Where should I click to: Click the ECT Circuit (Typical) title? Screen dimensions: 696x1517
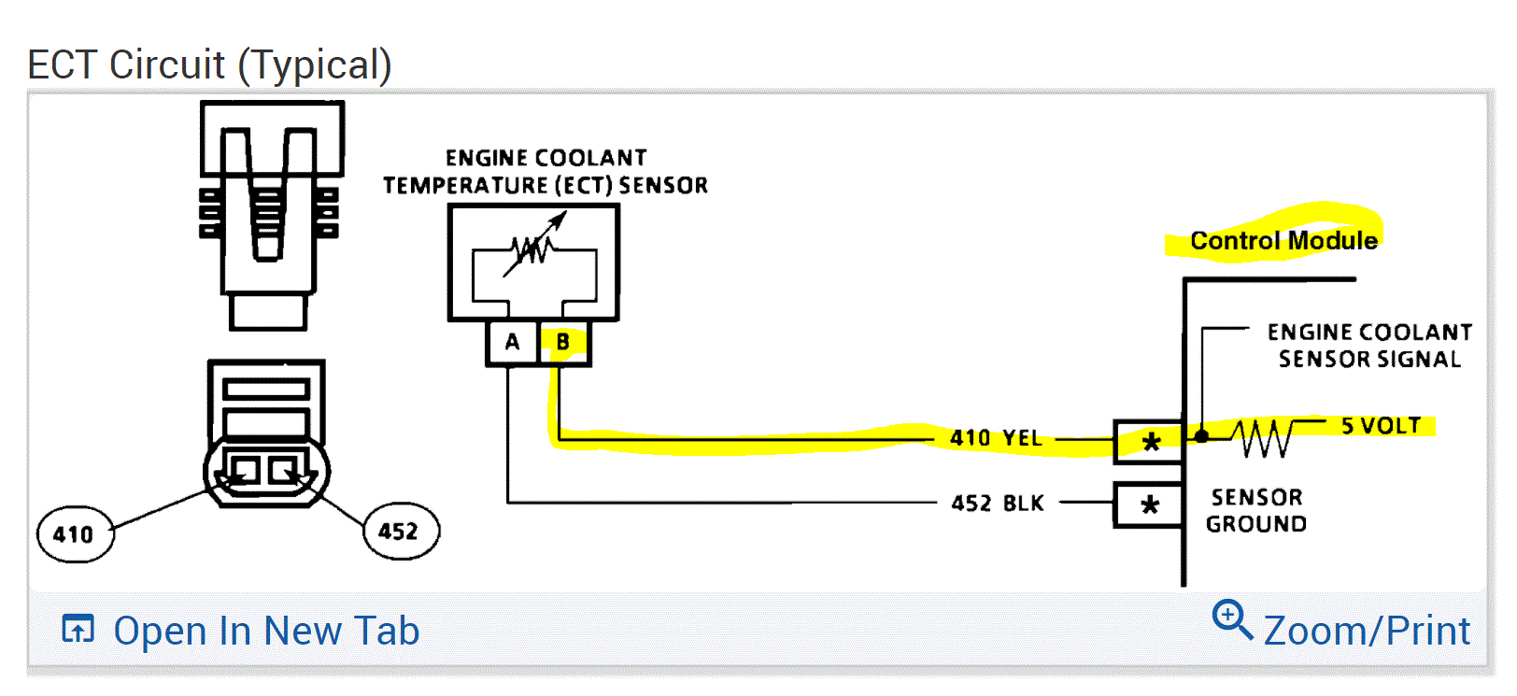[x=209, y=65]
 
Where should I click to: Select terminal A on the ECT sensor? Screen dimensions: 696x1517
[x=512, y=342]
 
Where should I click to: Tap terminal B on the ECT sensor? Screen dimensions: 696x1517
[x=563, y=342]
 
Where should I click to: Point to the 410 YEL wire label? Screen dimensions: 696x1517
[x=996, y=438]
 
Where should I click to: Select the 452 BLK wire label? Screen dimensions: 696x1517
[x=997, y=504]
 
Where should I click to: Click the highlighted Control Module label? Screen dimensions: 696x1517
[x=1283, y=241]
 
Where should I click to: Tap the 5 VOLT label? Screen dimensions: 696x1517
[x=1381, y=426]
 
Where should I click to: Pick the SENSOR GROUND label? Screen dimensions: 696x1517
[x=1256, y=510]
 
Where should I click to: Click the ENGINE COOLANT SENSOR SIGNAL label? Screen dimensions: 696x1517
[x=1369, y=346]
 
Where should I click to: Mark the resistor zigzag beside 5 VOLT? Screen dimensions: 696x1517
[x=1263, y=437]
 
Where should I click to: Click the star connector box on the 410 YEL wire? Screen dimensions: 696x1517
[x=1150, y=441]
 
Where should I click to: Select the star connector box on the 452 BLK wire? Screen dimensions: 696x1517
[x=1150, y=505]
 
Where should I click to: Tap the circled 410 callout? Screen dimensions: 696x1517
[x=75, y=534]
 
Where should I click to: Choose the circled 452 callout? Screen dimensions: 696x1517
[x=400, y=532]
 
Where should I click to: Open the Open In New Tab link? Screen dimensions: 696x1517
[x=265, y=632]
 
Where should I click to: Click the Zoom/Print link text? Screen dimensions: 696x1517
[x=1367, y=632]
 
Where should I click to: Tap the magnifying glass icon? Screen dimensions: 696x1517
[x=1231, y=618]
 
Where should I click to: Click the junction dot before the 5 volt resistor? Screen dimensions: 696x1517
[x=1201, y=436]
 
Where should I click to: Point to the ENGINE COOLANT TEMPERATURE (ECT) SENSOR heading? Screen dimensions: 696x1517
[x=546, y=172]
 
